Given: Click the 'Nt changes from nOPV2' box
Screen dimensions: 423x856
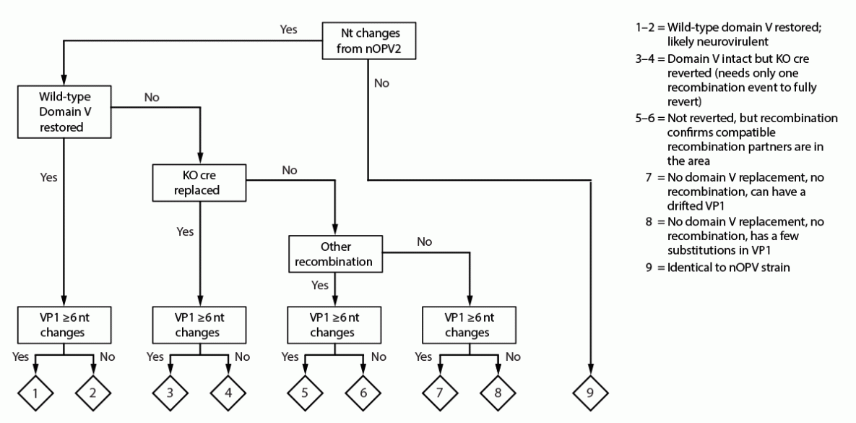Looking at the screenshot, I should tap(366, 43).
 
